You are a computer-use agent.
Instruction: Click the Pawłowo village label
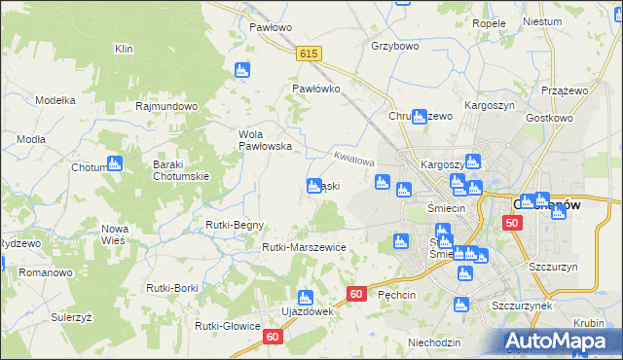point(270,27)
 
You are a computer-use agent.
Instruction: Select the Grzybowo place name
point(394,45)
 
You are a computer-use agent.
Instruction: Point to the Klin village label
point(123,49)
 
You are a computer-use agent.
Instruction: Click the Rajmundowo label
point(167,106)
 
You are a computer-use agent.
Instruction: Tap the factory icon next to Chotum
point(115,163)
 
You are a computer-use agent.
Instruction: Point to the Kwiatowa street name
point(353,158)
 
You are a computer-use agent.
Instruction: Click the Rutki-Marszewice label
point(304,247)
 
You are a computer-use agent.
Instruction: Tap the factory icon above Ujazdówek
point(305,297)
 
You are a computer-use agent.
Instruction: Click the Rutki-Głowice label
point(228,326)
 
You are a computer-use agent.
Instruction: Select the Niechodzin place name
point(434,342)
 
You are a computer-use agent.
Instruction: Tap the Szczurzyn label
point(553,266)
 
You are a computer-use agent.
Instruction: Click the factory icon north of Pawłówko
point(242,70)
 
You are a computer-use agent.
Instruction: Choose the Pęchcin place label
point(397,294)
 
